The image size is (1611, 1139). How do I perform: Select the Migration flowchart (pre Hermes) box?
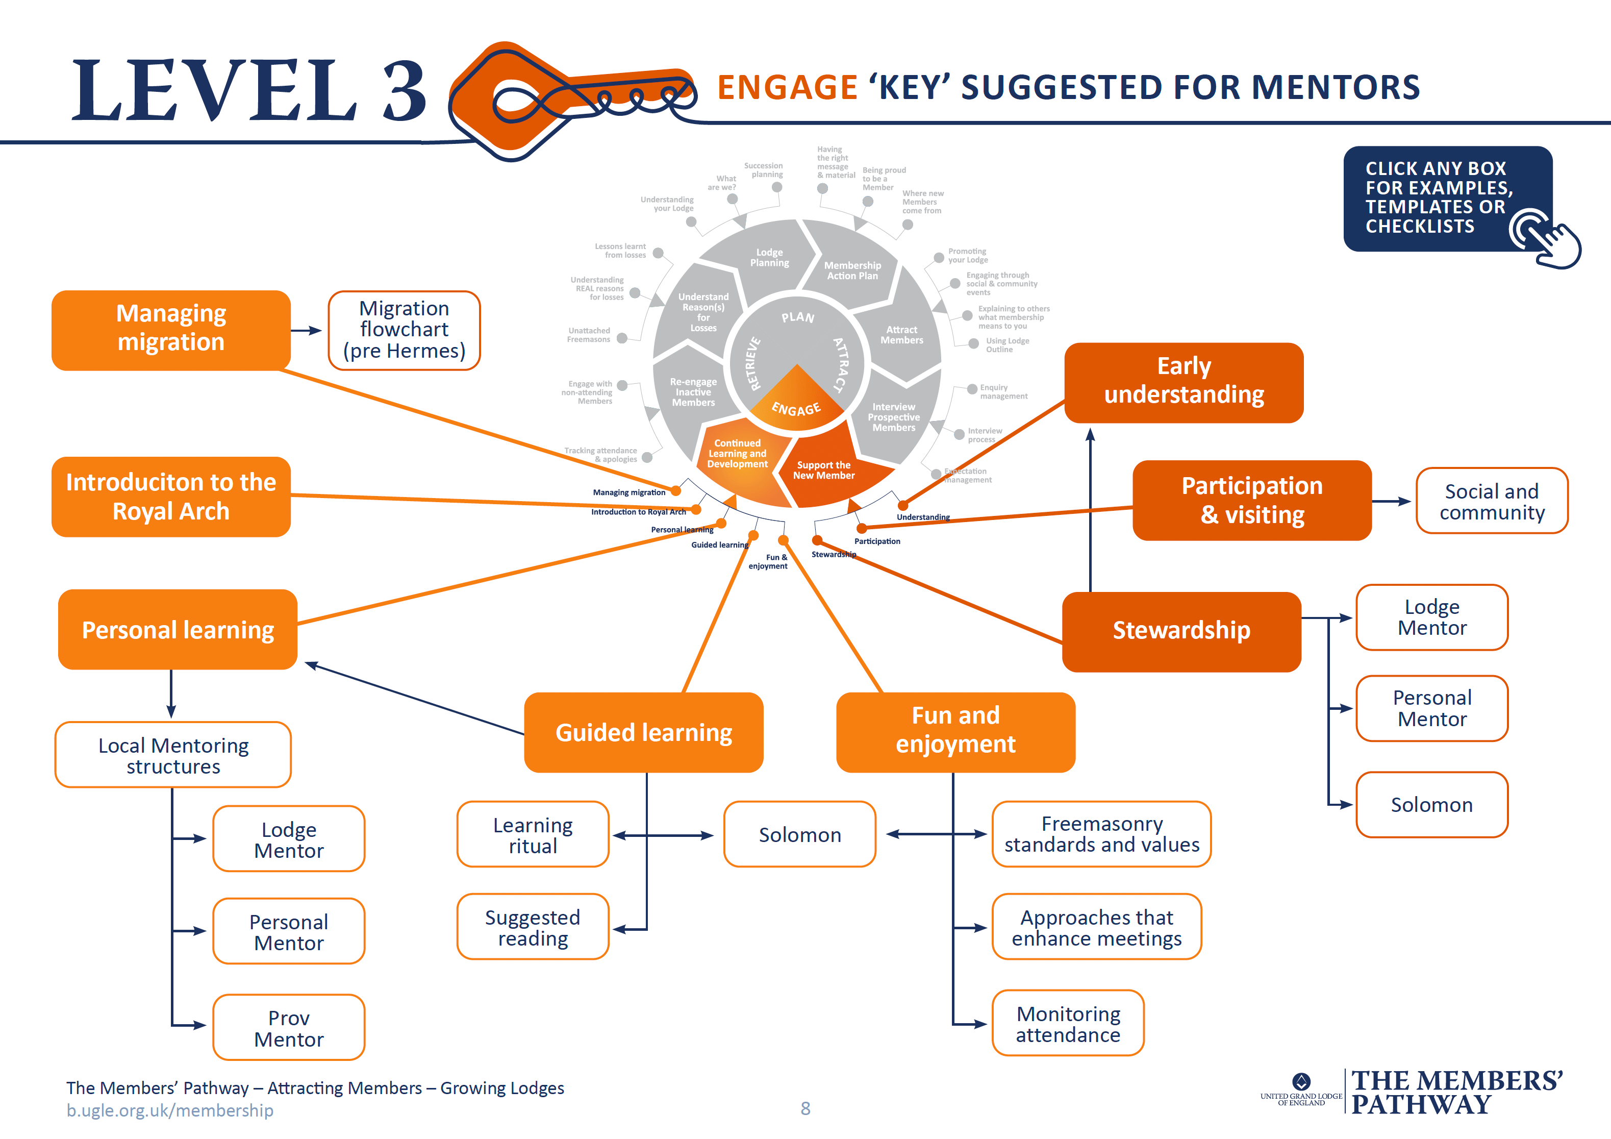(404, 330)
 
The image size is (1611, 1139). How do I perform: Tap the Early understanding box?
(1183, 382)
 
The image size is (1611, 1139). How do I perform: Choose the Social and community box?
(1491, 501)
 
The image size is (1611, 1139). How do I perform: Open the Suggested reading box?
(533, 927)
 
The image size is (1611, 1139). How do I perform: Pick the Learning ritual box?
(533, 834)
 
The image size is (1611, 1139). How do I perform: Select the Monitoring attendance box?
(1067, 1023)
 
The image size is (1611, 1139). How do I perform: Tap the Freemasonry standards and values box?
(1101, 834)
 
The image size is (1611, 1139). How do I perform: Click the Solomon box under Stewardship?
(1431, 804)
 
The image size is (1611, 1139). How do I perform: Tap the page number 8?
(805, 1108)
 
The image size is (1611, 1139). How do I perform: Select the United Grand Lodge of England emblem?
(1301, 1081)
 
